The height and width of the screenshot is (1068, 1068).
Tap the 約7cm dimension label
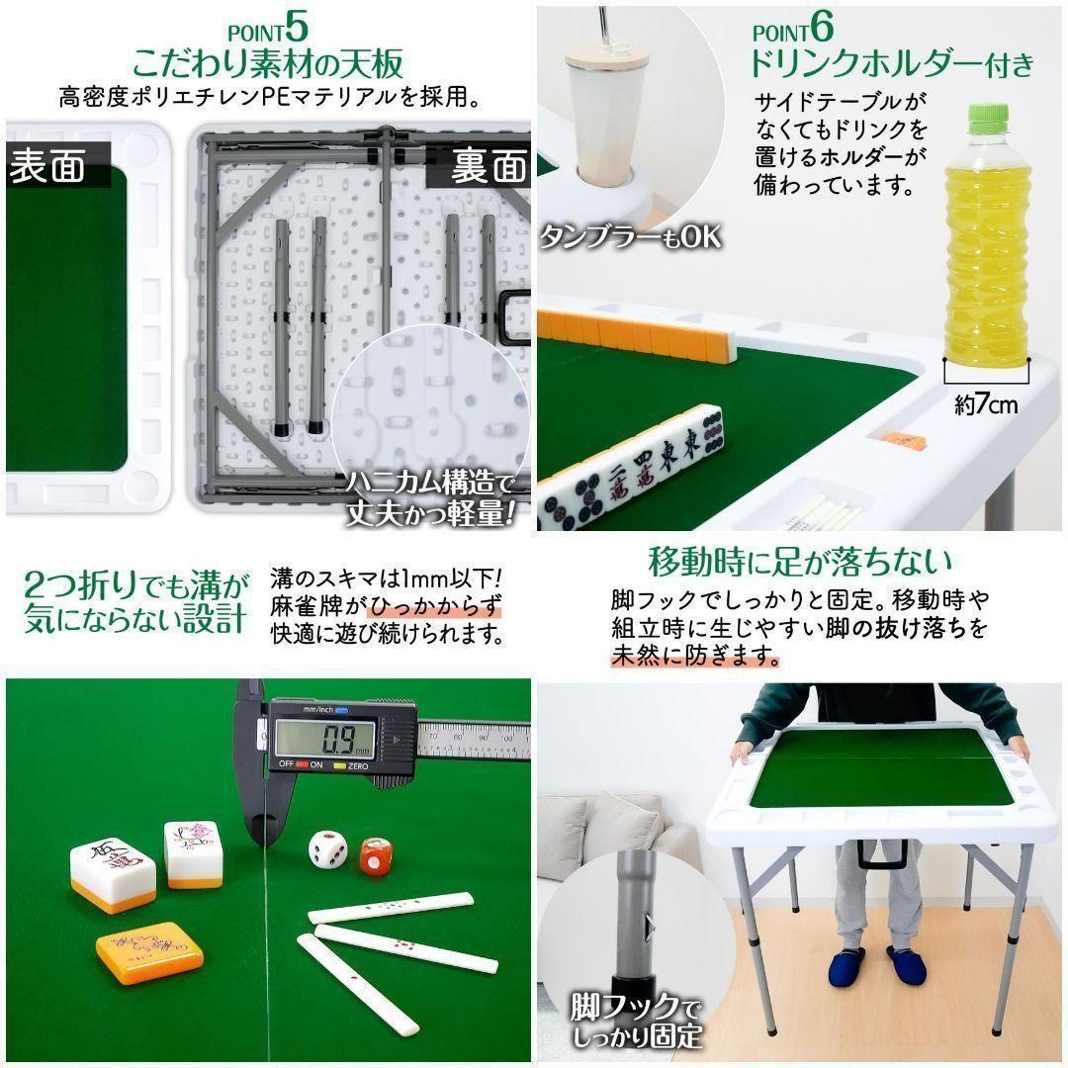(x=985, y=403)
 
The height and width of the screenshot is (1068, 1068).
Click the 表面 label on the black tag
(x=46, y=166)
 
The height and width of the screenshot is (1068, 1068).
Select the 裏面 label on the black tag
(x=489, y=165)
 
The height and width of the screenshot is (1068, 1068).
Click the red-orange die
(x=377, y=856)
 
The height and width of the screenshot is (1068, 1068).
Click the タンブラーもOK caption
(x=630, y=237)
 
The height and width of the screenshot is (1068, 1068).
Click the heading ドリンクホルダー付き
(x=891, y=65)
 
